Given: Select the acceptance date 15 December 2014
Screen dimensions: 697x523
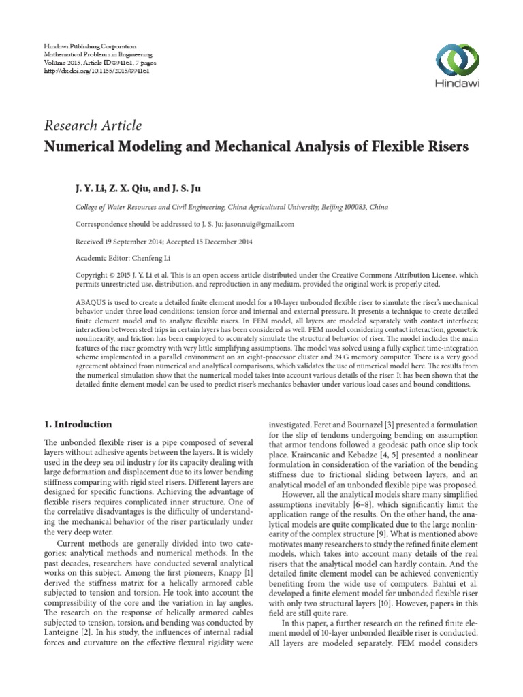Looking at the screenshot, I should pyautogui.click(x=223, y=241).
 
